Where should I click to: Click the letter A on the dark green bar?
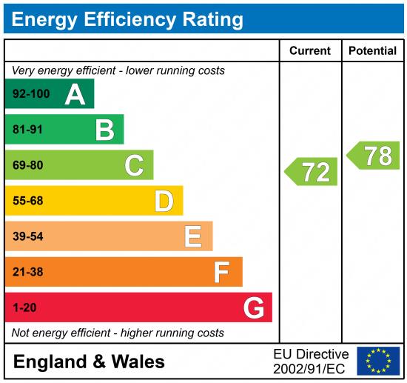(75, 94)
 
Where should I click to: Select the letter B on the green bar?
(104, 130)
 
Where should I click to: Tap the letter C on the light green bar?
(134, 165)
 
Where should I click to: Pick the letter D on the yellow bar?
(164, 201)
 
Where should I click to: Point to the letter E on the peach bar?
(193, 236)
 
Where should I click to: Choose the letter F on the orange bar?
(222, 272)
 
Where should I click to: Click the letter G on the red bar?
(254, 307)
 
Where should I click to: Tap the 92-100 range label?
(31, 94)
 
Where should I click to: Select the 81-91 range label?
(28, 130)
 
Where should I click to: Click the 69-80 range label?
(28, 165)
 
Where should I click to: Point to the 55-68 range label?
(28, 201)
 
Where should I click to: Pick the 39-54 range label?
(28, 236)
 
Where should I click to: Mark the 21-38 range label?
(28, 272)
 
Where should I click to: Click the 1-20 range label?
(24, 307)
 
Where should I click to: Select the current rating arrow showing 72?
(312, 172)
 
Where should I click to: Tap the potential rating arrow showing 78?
(374, 156)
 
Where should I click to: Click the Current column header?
(309, 51)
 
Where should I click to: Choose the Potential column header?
(372, 51)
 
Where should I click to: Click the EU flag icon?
(377, 361)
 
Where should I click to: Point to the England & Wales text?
(89, 362)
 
